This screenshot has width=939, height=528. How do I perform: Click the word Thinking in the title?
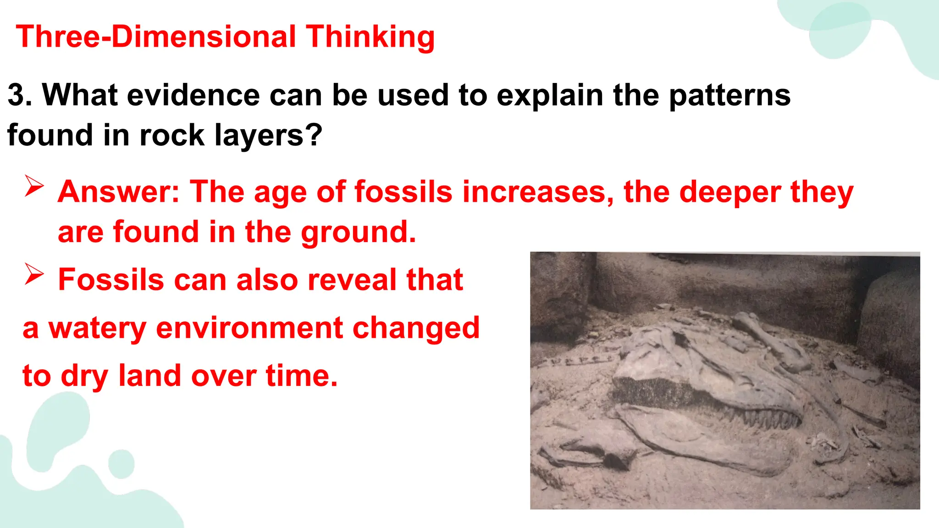click(x=370, y=37)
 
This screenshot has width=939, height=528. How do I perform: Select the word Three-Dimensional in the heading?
click(x=156, y=37)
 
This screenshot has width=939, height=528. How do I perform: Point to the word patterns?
click(x=729, y=95)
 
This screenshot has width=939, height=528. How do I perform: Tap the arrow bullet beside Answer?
click(x=34, y=186)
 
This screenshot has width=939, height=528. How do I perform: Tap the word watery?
click(x=97, y=328)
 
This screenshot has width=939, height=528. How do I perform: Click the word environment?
click(x=249, y=328)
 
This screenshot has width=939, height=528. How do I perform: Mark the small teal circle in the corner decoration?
click(x=121, y=463)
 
